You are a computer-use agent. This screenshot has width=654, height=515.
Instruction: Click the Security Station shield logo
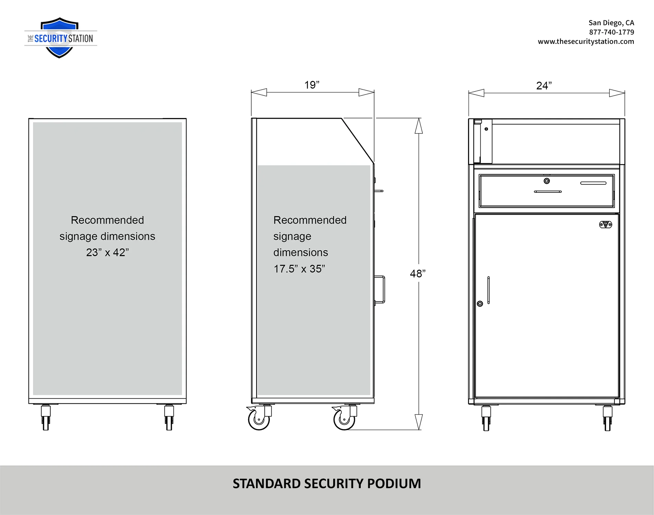[x=60, y=38]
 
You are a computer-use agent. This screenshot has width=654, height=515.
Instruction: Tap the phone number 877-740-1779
[x=611, y=32]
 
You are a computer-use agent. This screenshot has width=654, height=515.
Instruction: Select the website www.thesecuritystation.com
[x=586, y=41]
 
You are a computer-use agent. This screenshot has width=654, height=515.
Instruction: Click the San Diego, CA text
[x=611, y=23]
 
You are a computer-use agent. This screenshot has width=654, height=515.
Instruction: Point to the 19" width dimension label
[x=312, y=85]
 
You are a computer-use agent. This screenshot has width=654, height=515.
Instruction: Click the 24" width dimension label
[x=544, y=85]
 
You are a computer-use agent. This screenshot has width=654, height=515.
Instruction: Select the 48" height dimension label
[x=418, y=274]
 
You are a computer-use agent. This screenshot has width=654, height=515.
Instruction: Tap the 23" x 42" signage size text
[x=107, y=252]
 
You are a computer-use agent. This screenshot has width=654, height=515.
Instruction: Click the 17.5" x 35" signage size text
[x=299, y=269]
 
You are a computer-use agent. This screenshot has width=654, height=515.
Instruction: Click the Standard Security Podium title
[x=327, y=483]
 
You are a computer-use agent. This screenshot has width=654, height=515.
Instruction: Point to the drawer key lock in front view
[x=547, y=181]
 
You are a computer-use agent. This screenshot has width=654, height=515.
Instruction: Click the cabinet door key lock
[x=480, y=304]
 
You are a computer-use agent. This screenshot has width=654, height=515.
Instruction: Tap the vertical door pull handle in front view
[x=488, y=290]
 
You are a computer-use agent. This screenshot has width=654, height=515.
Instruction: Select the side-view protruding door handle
[x=380, y=290]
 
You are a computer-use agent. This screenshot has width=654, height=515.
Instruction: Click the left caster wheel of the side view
[x=259, y=418]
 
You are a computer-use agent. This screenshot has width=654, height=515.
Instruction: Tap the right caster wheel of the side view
[x=345, y=418]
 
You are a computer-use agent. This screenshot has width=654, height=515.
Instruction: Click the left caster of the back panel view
[x=46, y=417]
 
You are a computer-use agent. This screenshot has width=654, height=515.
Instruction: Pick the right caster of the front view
[x=608, y=418]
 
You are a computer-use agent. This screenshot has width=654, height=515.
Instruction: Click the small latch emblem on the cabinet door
[x=605, y=224]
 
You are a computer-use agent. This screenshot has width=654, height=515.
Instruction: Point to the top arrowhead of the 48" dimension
[x=419, y=126]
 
